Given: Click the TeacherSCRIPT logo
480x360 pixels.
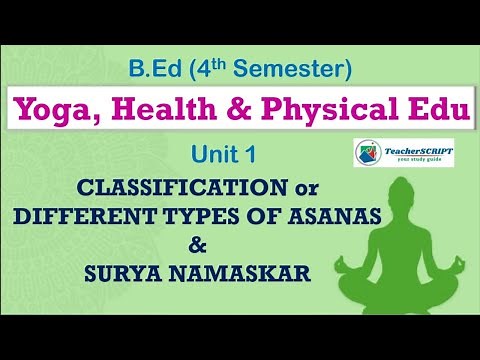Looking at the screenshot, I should (x=405, y=153).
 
